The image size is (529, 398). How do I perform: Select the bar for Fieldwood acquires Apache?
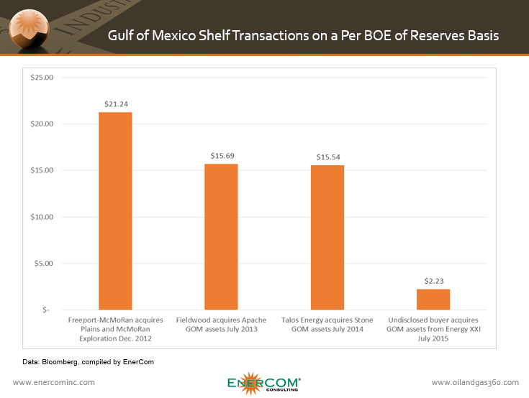point(221,236)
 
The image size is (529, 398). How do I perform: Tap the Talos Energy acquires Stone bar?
point(327,237)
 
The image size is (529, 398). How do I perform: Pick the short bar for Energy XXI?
point(433,299)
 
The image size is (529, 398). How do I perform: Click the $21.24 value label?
point(115,103)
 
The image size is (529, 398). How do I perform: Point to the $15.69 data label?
point(221,155)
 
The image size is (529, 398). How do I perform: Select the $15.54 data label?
point(327,156)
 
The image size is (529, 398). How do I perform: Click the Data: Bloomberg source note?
point(84,362)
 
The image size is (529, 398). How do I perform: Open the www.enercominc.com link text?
point(54,382)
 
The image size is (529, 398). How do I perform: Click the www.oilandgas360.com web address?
point(475,382)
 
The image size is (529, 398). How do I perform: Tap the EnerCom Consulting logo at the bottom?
point(264,381)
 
